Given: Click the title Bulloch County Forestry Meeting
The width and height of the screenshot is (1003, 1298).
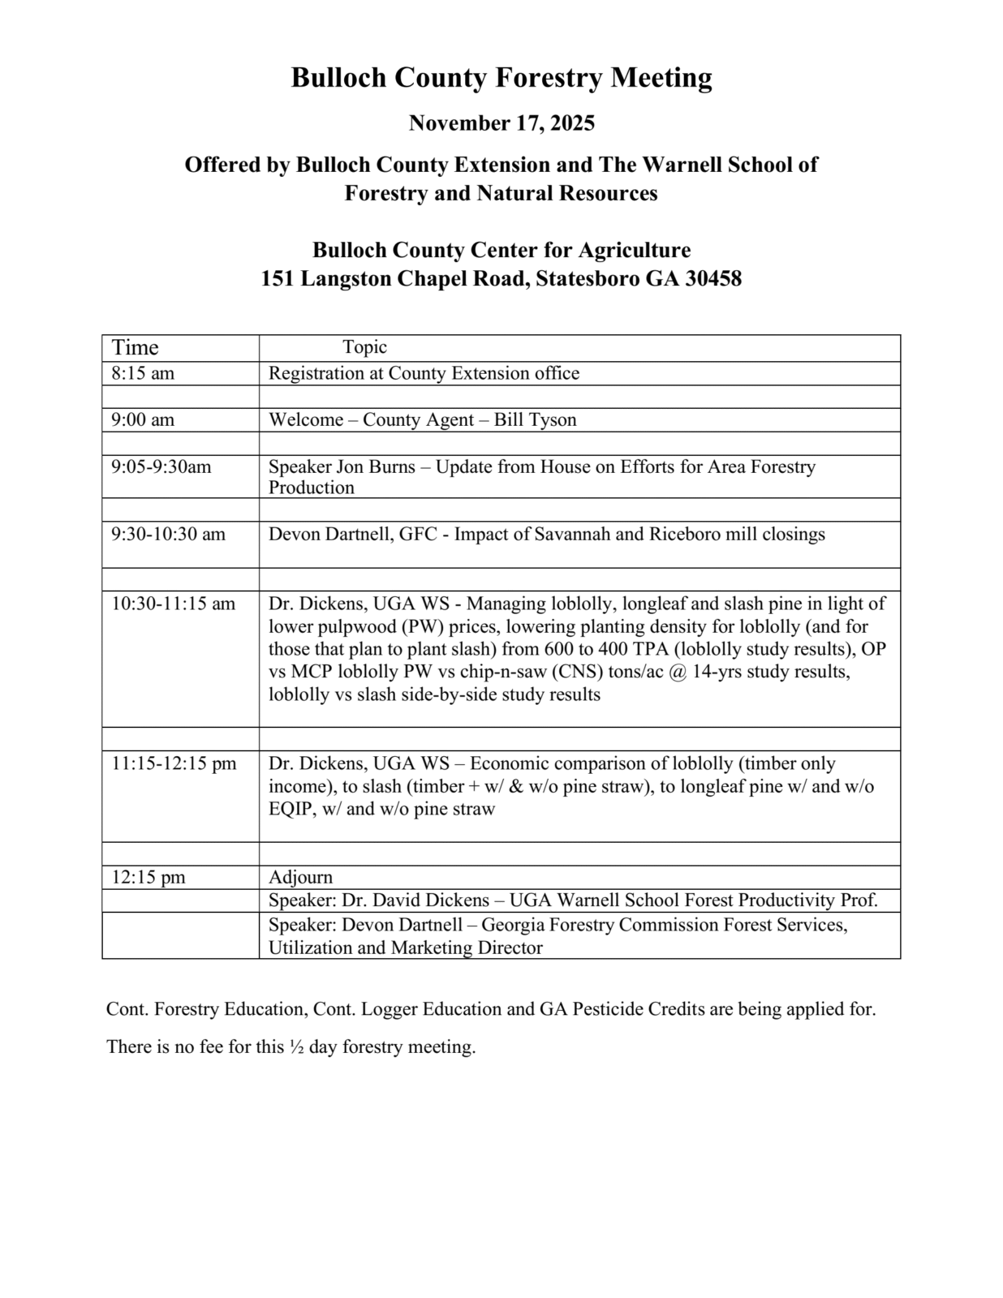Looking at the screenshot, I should (x=502, y=78).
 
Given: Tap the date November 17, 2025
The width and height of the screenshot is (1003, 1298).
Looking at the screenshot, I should (x=502, y=123).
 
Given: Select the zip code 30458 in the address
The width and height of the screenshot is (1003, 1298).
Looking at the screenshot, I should (x=713, y=279).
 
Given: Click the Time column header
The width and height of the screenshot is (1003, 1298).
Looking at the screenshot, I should (x=136, y=348).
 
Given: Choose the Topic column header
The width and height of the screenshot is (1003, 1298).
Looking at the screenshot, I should (x=364, y=347).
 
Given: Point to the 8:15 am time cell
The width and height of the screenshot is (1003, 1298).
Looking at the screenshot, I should (x=143, y=373).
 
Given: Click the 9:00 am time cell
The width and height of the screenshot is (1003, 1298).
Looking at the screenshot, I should (x=143, y=419).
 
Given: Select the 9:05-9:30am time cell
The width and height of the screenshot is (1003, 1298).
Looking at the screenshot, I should (x=161, y=466).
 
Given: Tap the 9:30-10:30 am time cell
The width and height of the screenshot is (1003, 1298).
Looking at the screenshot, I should (x=169, y=534).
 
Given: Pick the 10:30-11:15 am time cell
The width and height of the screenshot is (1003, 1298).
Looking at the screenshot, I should (x=174, y=604).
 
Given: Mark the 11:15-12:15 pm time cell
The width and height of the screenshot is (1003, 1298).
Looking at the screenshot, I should (x=174, y=763).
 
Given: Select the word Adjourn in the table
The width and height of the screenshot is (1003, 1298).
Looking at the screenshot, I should (x=301, y=877).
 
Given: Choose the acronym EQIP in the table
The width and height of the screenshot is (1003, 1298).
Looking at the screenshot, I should (x=291, y=809).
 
